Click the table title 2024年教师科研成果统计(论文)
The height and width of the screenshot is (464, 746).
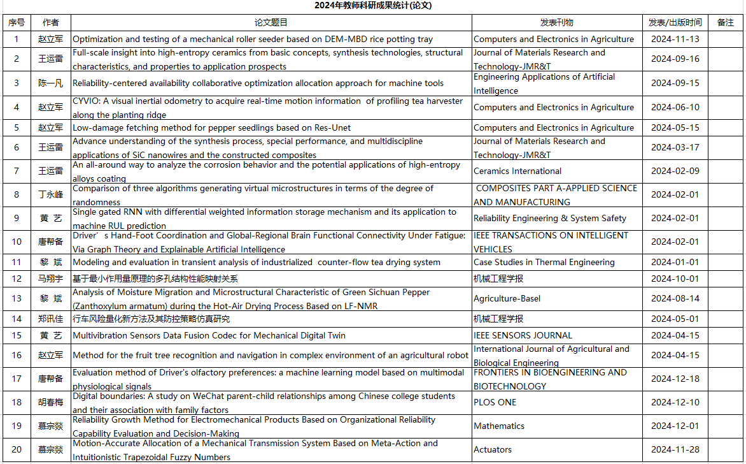(x=373, y=6)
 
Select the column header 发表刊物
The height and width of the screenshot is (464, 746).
(x=556, y=22)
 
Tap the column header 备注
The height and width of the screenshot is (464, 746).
(x=725, y=22)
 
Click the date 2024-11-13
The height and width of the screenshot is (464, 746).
(x=675, y=39)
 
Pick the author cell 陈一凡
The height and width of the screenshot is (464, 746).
(x=50, y=83)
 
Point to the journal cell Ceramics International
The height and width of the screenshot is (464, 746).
(x=517, y=171)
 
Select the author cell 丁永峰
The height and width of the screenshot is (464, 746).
(x=50, y=195)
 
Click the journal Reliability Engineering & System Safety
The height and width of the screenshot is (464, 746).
(x=550, y=218)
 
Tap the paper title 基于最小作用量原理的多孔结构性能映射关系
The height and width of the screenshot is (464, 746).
(x=155, y=279)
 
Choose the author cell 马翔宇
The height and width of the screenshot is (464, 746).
(x=50, y=279)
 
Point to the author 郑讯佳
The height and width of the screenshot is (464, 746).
(x=50, y=319)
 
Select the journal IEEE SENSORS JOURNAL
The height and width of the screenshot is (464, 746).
(x=523, y=335)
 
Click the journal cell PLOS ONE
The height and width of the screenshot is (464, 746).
(x=495, y=402)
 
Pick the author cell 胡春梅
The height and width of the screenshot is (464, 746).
(x=50, y=402)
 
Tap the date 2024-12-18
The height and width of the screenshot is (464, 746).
(x=675, y=379)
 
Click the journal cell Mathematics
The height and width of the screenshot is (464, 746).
(x=499, y=426)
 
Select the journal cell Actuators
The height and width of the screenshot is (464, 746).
(x=493, y=449)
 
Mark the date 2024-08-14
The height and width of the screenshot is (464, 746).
(x=675, y=298)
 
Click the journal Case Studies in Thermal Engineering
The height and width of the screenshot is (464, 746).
(x=544, y=262)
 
